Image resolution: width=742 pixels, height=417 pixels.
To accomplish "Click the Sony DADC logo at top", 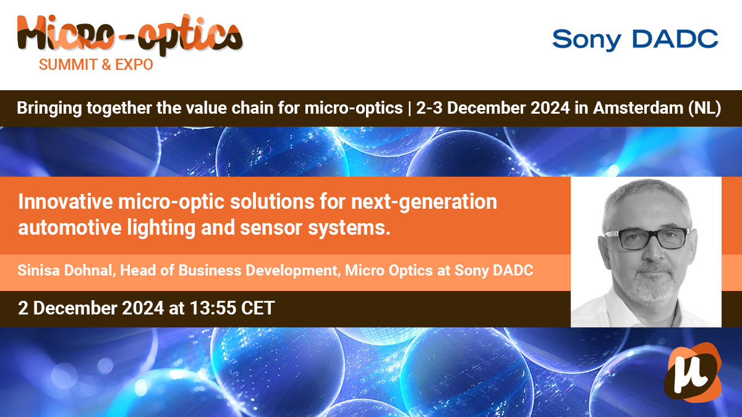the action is click(x=635, y=40).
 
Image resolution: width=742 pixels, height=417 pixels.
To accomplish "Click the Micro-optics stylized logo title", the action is click(x=130, y=35).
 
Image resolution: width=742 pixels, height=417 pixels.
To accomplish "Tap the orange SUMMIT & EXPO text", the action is click(x=96, y=64).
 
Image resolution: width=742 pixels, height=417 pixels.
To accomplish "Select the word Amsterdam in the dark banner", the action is click(x=638, y=108).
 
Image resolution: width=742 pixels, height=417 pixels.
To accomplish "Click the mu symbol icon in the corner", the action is click(x=693, y=373).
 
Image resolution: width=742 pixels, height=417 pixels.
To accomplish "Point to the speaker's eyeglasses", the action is click(x=646, y=238).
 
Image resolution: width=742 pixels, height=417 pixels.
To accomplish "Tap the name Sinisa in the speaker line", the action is click(x=38, y=271).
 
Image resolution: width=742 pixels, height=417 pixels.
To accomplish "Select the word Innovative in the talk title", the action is click(x=66, y=201).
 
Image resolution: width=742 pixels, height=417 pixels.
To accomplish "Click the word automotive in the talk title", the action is click(x=70, y=228).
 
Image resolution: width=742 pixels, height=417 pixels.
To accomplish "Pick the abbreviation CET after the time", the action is click(x=258, y=308).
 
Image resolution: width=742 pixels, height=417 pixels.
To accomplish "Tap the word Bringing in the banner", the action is click(x=49, y=109).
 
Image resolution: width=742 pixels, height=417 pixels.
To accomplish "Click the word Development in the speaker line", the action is click(x=291, y=271).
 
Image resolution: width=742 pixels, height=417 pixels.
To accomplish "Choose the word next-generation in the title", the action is click(x=424, y=203).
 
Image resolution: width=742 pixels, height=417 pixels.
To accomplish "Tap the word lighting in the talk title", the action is click(x=161, y=229).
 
